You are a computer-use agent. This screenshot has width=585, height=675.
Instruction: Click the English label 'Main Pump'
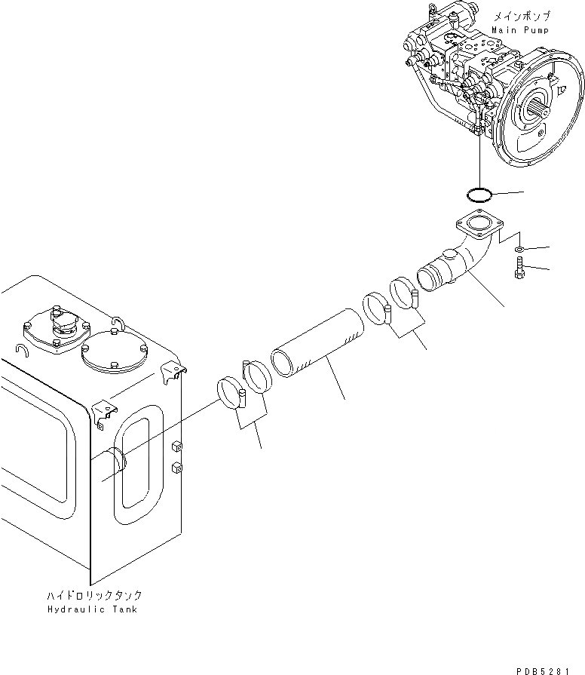click(520, 29)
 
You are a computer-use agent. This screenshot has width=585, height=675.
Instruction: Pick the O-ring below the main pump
click(479, 195)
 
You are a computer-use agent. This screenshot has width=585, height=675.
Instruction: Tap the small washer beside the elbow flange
click(519, 249)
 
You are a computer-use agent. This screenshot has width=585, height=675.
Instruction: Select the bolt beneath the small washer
click(519, 268)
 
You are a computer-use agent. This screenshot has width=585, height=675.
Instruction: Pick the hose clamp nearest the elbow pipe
click(406, 293)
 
